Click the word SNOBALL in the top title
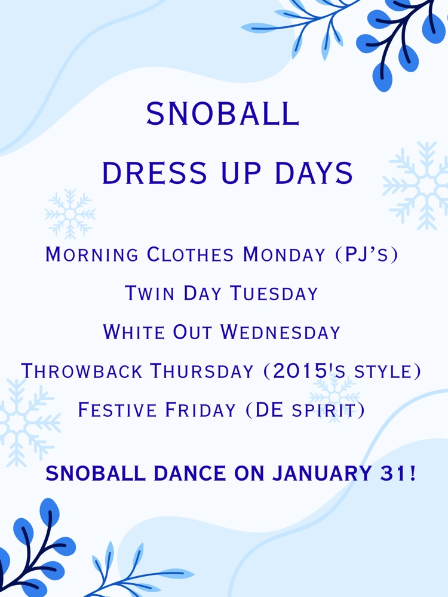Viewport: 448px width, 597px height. coord(222,114)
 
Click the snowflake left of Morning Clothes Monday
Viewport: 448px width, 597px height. coord(70,214)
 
